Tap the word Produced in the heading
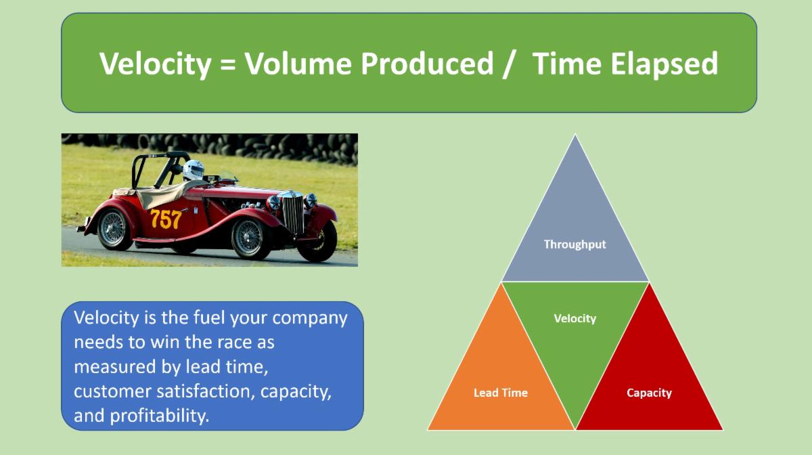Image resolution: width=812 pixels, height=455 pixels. pos(427,64)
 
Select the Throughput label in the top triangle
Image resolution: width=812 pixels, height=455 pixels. pos(574,244)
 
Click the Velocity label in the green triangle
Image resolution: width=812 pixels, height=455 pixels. pos(574,318)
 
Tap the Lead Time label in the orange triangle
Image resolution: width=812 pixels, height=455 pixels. pos(500,393)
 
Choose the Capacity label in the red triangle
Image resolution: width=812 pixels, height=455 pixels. pos(649,393)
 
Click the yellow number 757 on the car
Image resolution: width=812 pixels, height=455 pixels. pos(165,219)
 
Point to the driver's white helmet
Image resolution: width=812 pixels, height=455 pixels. pos(194,169)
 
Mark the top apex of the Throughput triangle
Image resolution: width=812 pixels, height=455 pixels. pos(575,135)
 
